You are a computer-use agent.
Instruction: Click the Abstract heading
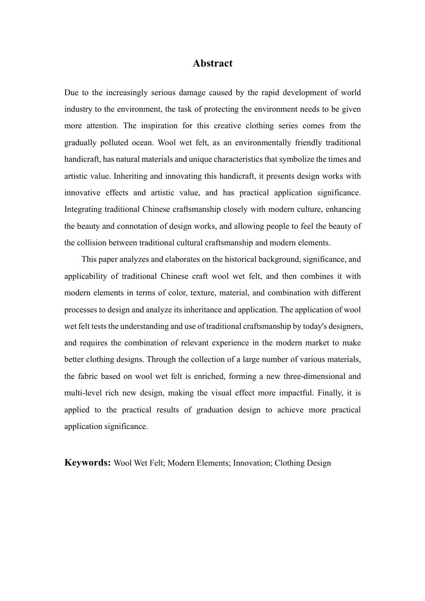(212, 63)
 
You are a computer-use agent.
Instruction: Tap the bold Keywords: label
(88, 462)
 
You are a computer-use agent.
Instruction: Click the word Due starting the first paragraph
(71, 92)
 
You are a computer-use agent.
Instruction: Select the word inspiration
(160, 126)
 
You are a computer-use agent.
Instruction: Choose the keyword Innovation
(252, 463)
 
